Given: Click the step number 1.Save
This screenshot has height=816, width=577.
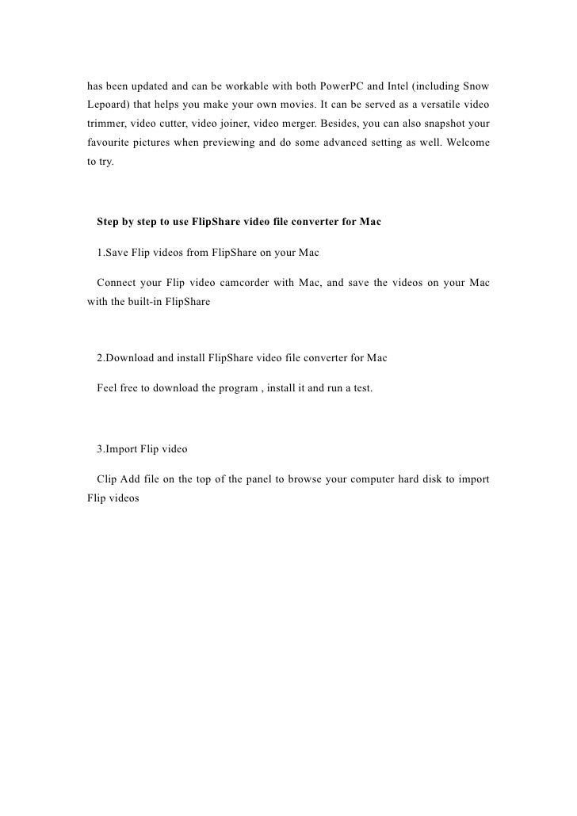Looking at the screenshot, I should pos(113,253).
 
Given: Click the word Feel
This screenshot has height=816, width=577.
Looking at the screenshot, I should pos(108,389).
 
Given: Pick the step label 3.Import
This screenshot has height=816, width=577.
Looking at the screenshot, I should pos(118,448).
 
